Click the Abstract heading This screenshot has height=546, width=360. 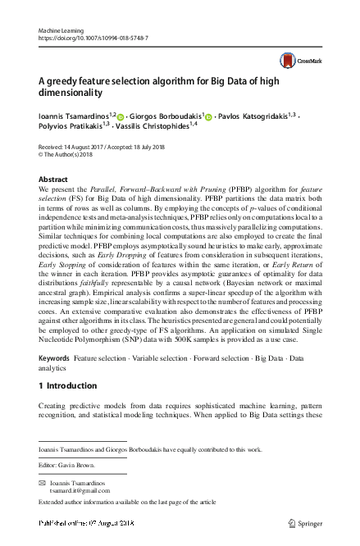(x=54, y=178)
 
